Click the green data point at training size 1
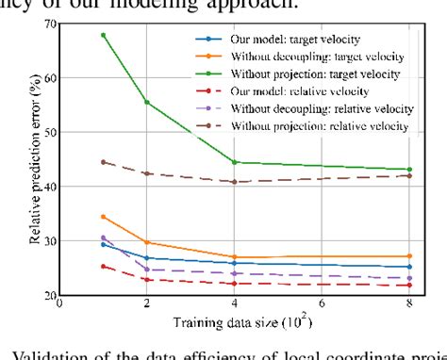tap(103, 35)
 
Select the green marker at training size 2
tap(146, 102)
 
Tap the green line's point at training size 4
tap(234, 162)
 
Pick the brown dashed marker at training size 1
tap(103, 162)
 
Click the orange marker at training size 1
tap(103, 217)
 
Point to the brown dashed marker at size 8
tap(408, 175)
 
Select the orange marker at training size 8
tap(408, 256)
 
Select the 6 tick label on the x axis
tap(321, 306)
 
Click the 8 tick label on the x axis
tap(408, 306)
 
